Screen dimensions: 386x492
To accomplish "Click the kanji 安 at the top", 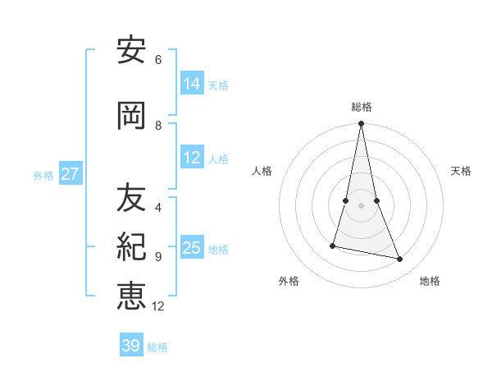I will pos(130,51).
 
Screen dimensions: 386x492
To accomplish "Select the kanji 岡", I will pos(130,116).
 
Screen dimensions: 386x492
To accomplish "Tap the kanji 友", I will pos(130,197).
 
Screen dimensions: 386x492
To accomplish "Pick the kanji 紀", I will pos(130,246).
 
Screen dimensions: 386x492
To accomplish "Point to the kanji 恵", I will pos(130,295).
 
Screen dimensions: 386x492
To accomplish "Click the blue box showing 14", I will pos(192,83).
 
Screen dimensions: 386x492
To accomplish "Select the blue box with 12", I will pos(192,158).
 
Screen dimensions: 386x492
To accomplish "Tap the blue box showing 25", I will pos(192,247).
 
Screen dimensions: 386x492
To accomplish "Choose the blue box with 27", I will pos(71,174).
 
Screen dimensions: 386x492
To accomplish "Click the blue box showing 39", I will pos(131,346).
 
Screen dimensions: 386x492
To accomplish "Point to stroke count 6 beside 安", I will pos(158,60).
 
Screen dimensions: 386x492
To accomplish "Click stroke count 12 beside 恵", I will pos(158,306).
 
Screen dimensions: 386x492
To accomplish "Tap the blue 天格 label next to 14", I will pos(218,85).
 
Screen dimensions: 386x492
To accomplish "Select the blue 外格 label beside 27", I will pos(43,175).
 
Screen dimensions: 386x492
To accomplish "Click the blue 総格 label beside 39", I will pos(158,347).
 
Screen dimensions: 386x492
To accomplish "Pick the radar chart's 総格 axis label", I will pos(362,107).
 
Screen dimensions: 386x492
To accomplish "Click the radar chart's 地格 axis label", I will pos(430,281).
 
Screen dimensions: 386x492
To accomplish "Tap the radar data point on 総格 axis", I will pos(361,124).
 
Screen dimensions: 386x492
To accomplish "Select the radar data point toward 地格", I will pos(400,260).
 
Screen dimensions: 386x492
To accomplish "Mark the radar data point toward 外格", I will pos(333,246).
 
